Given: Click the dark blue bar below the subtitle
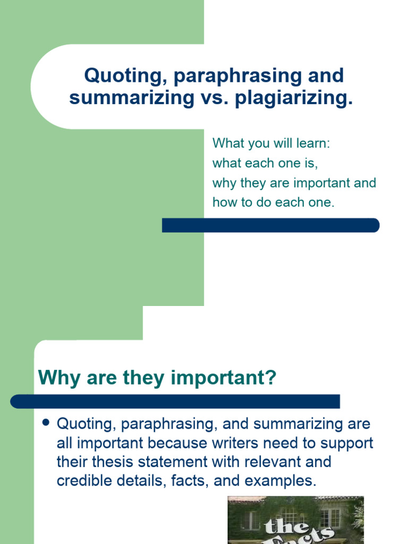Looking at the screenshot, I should point(270,225).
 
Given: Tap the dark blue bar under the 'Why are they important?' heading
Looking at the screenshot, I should point(175,401).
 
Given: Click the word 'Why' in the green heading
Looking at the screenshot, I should point(57,378).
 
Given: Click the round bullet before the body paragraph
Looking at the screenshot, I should point(45,423).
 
